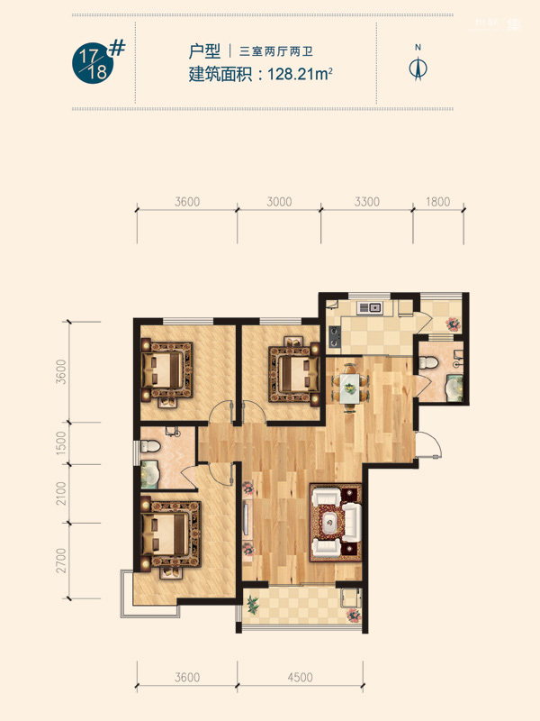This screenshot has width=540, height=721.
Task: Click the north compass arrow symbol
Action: point(418,68)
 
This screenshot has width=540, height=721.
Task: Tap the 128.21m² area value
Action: point(300,74)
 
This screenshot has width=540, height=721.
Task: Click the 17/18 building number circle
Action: point(93,65)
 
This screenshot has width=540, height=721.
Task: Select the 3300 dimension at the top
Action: point(367,201)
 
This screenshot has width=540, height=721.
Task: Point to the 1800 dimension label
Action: point(437,201)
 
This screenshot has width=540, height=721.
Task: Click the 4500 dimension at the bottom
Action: point(300,677)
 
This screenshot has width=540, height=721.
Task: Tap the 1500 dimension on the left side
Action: point(60,443)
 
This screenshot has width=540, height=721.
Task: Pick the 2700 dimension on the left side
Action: point(60,561)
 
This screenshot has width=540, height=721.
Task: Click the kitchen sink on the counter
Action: point(369,307)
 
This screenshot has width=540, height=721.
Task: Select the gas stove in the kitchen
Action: point(334,335)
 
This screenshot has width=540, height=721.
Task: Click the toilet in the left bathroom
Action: point(149,446)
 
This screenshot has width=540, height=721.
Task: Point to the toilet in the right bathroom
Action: point(428,363)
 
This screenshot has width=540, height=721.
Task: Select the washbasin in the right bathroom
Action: point(454,388)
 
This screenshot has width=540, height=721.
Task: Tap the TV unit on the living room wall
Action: point(247,520)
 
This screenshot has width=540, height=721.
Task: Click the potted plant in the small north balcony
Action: point(454,324)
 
